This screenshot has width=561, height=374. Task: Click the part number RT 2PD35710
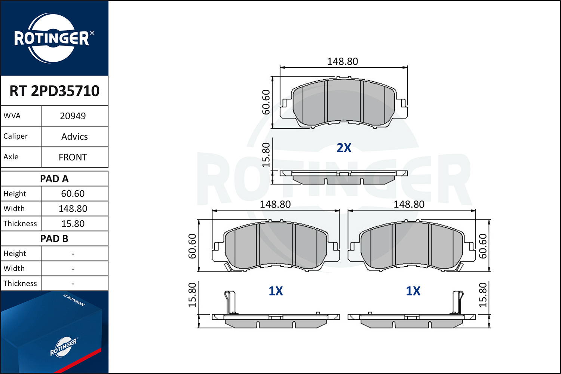coord(54,91)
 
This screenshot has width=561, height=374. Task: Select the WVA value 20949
coord(73,116)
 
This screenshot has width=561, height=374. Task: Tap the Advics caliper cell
coord(74,137)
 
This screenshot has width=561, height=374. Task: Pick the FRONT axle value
coord(73,157)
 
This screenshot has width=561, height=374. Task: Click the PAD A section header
coord(54,179)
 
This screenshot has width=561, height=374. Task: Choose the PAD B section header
coord(54,239)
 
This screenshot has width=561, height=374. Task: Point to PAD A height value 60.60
coord(73,194)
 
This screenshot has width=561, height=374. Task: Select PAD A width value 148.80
coord(73,209)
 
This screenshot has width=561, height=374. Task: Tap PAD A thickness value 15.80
coord(73,224)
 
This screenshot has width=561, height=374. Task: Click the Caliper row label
coord(16,136)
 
